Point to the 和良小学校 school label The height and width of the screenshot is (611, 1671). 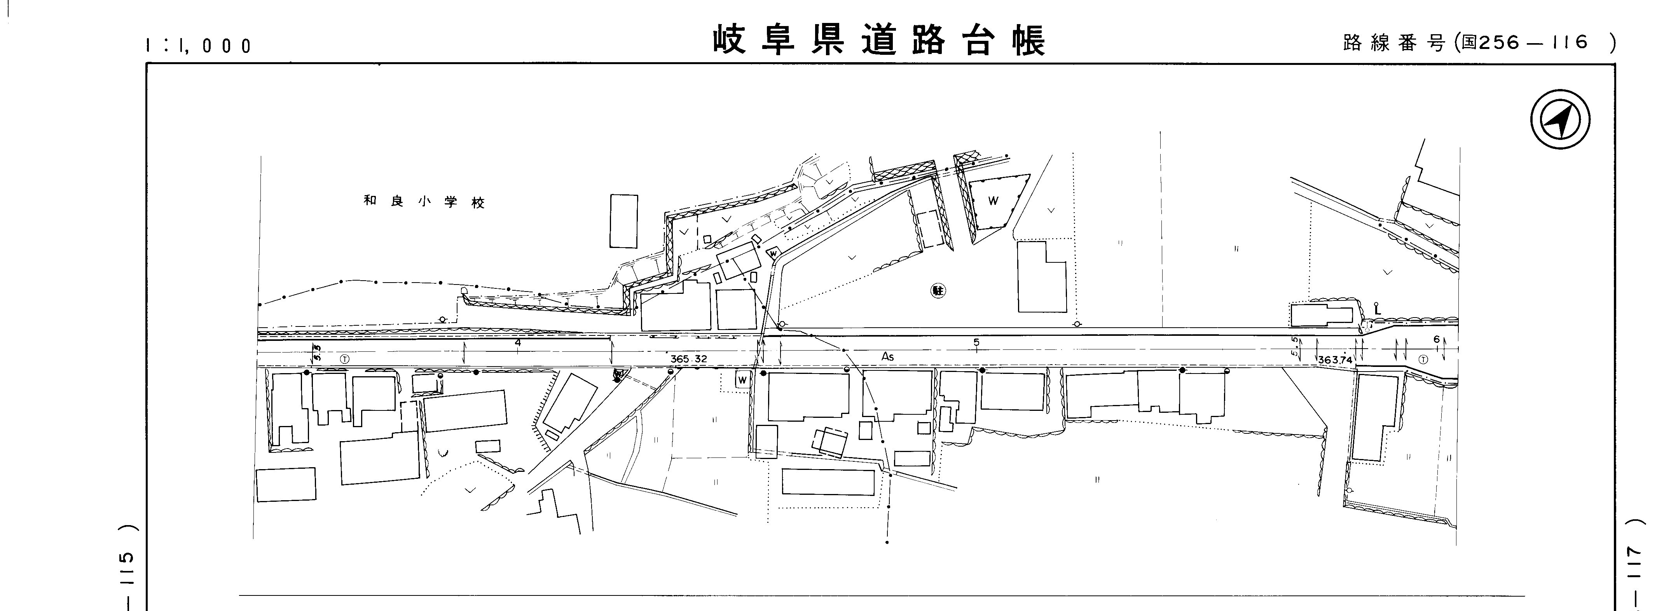coord(424,202)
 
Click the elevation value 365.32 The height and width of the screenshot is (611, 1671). coord(688,359)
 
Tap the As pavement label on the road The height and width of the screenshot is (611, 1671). coord(887,357)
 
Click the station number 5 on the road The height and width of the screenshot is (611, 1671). coord(976,342)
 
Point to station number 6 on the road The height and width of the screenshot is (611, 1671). coord(1436,339)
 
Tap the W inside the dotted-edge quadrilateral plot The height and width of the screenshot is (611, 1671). coord(992,201)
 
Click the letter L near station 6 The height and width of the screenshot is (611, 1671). coord(1377,311)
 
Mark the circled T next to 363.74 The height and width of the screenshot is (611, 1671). coord(1423,360)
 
